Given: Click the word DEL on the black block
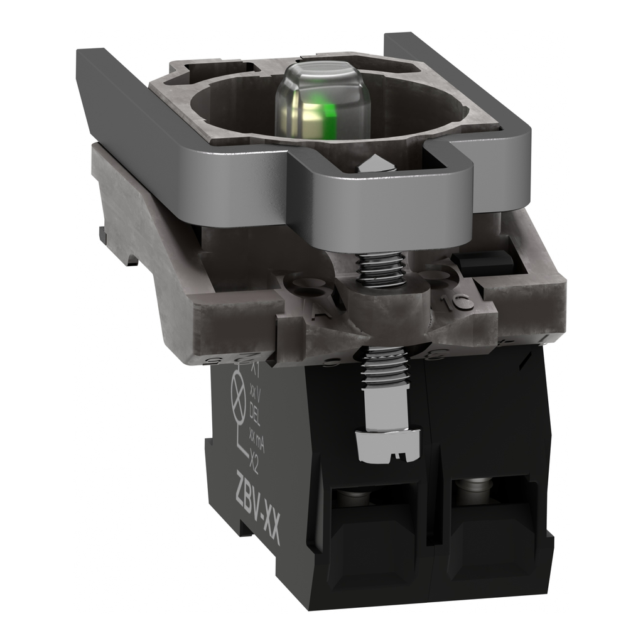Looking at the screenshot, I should [x=254, y=412].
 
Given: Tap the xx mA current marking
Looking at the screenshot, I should [x=254, y=437].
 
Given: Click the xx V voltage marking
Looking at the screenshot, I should [x=254, y=391].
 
